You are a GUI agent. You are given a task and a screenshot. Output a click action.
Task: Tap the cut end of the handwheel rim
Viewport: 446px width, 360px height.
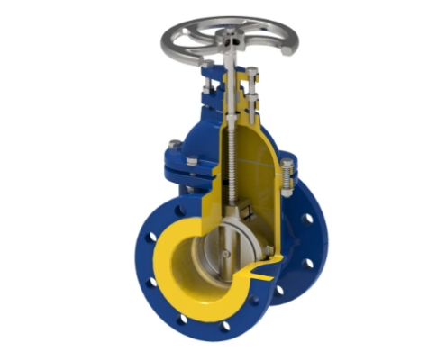(286, 50)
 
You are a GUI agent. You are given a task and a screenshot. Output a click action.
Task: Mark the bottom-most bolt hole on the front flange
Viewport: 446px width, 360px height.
(225, 326)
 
